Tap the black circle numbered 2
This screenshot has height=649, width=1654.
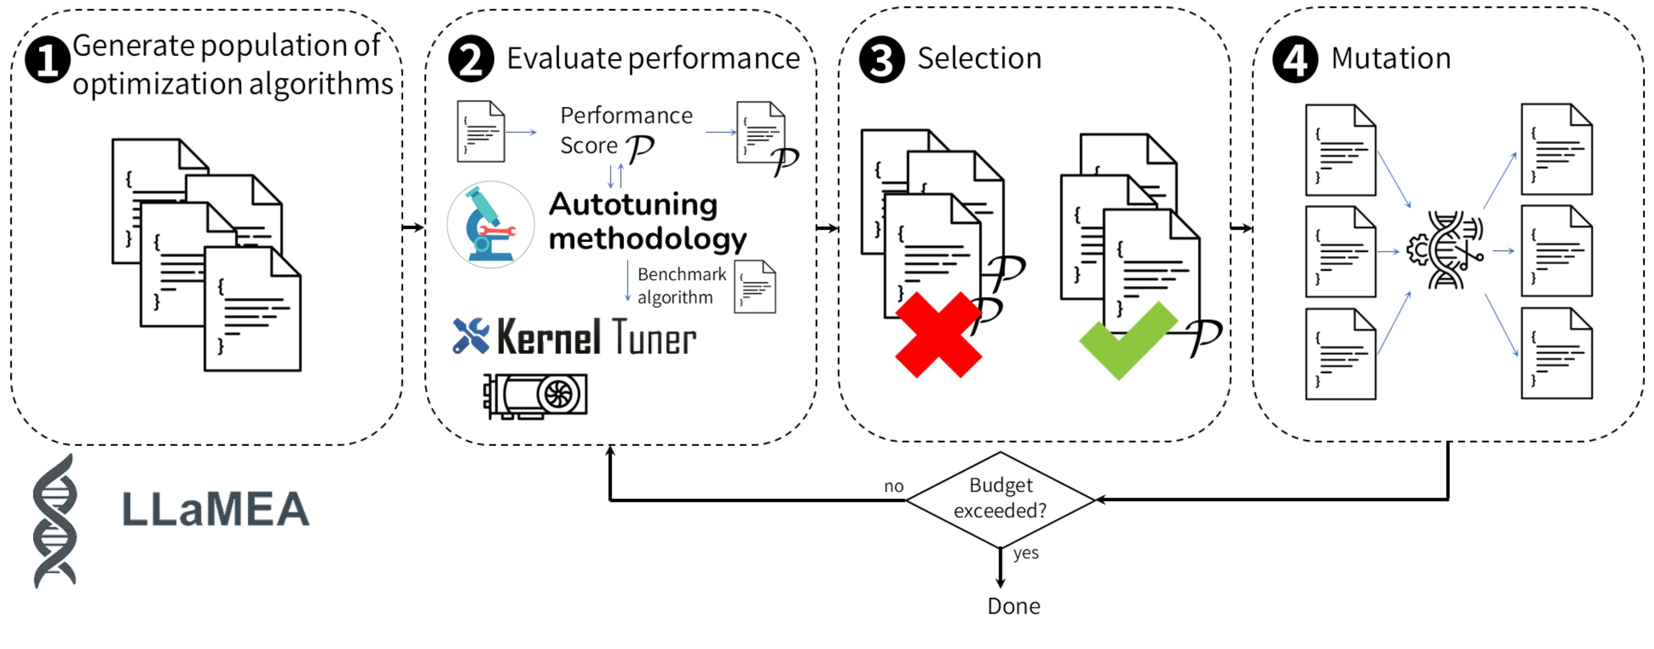[x=470, y=59]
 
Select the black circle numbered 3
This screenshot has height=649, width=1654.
[x=882, y=59]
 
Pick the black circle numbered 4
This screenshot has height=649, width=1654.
[x=1295, y=59]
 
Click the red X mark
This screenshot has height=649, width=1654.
[x=938, y=335]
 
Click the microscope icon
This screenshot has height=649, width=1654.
[x=490, y=224]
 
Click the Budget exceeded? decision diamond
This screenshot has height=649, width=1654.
[x=1000, y=499]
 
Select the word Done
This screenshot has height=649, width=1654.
[x=1013, y=606]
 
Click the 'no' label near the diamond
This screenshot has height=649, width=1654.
[x=893, y=486]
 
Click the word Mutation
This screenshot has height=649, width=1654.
[x=1391, y=59]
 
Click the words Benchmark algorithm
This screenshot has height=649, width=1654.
[x=681, y=285]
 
